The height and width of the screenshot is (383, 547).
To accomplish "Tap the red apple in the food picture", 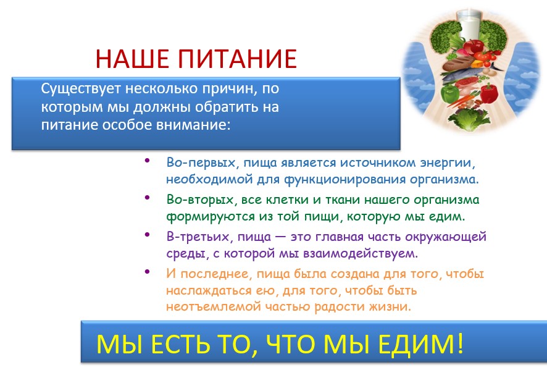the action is tap(474, 46).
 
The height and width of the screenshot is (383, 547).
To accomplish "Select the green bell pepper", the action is tap(449, 93).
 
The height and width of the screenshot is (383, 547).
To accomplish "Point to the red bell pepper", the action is tap(489, 93).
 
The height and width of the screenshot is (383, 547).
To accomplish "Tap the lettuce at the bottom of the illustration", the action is tap(469, 119).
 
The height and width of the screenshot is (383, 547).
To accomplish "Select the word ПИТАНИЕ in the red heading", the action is tap(238, 58).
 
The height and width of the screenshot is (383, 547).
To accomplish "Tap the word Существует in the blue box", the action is tap(81, 89).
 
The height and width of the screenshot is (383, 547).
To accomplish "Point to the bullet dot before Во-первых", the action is tap(147, 161).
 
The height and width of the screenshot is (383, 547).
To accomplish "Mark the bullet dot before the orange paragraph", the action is tap(147, 271).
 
